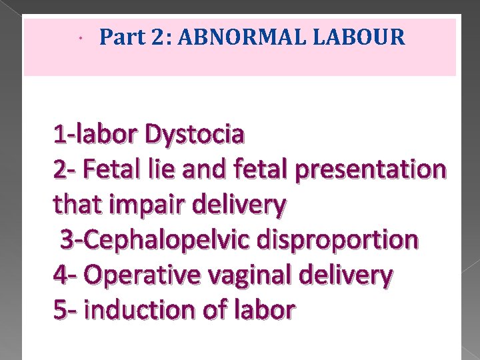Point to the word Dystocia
coord(195,135)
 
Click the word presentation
coord(374,170)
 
